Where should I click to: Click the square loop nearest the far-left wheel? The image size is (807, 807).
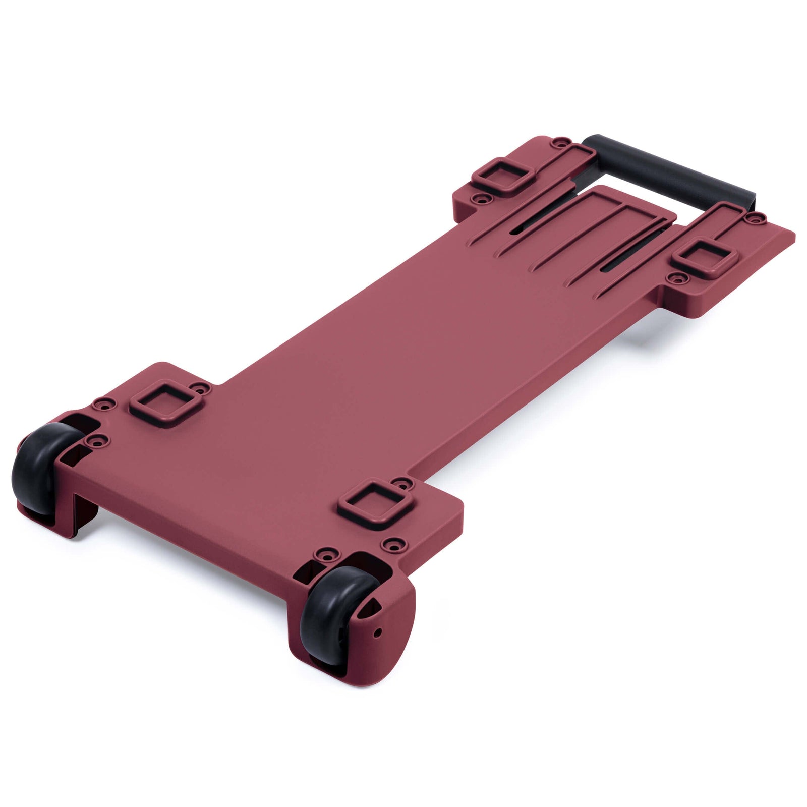click(x=164, y=400)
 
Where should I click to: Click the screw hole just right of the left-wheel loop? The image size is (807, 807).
click(x=203, y=388)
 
